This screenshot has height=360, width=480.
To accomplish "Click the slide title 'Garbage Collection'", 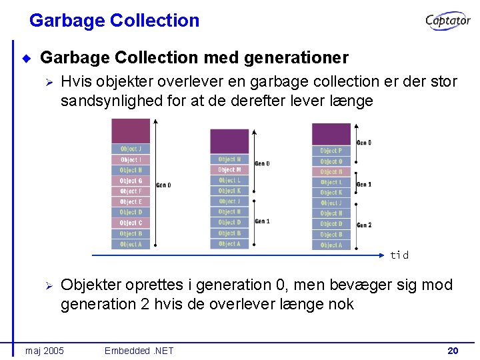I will coord(114,21).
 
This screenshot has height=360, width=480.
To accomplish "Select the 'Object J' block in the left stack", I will coord(131,149).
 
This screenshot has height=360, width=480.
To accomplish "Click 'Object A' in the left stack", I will coord(131,244).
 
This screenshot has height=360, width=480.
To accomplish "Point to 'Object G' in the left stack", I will coord(131,181).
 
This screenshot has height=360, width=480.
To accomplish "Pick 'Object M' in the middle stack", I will coord(229,170).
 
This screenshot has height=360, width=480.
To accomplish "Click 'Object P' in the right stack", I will coord(331,151).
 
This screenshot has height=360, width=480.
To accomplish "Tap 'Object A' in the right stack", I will coord(331,245).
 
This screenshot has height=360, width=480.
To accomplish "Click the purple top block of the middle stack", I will coord(229,141).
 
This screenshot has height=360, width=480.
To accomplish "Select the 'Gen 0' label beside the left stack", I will coord(164,185).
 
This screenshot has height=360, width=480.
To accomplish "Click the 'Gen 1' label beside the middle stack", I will coord(263,221).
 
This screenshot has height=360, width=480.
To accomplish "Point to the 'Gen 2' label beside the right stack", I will coord(364,225).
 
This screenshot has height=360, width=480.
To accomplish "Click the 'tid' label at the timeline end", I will coord(399,255).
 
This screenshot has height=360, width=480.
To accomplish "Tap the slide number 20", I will coord(453,351).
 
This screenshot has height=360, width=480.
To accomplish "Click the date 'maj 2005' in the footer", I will coord(45,351).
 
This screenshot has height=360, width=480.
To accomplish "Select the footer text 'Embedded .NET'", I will coord(139,351).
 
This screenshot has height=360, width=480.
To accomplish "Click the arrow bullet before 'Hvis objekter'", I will coord(47,82).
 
